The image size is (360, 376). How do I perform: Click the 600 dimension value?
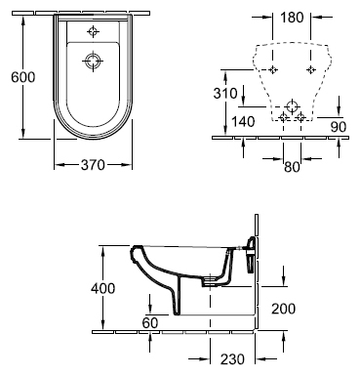(22, 77)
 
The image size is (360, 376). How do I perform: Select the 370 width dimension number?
(93, 165)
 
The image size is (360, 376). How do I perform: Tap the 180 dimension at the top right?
(292, 18)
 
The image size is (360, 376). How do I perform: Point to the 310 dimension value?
(225, 94)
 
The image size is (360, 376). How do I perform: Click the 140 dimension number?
(243, 122)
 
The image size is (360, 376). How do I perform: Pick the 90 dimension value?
(339, 127)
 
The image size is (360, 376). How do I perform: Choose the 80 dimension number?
(292, 167)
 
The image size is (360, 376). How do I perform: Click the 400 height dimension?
(102, 288)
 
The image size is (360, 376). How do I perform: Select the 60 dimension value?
(150, 322)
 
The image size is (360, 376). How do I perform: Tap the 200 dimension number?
(284, 309)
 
